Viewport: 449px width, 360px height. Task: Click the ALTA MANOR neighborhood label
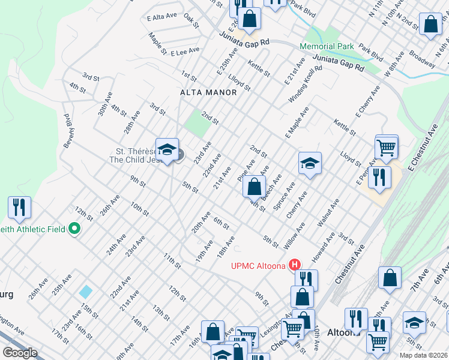pos(208,92)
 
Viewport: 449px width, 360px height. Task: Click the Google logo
pos(20,353)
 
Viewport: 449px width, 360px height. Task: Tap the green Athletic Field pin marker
pos(74,229)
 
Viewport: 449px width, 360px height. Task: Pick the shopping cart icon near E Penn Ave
pos(386,146)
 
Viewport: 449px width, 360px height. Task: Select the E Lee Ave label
pos(185,53)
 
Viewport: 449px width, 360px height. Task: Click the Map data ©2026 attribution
pos(423,355)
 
